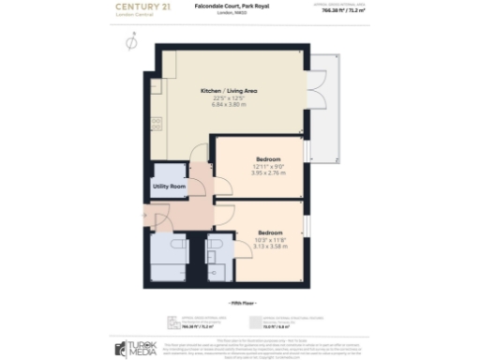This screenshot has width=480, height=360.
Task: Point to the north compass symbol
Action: click(x=129, y=42)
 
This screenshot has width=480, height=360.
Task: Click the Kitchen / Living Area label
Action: click(x=230, y=91)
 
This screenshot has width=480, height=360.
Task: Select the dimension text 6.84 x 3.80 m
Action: click(x=230, y=104)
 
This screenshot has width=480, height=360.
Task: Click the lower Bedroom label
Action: click(x=271, y=232)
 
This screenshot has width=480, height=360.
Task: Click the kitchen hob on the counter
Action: click(x=157, y=122)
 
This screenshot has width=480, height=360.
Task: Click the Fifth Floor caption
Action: click(x=240, y=303)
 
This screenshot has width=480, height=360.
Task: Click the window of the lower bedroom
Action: click(x=307, y=228)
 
